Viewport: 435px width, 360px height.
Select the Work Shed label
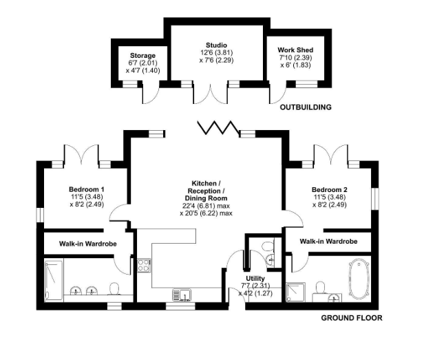coord(295,50)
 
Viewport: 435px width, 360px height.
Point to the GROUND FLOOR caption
coord(351,318)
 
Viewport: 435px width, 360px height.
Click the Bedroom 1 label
coord(86,189)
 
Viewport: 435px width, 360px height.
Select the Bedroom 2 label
coord(328,189)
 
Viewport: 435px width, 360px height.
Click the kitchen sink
coord(182,295)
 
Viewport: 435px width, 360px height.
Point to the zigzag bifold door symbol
coord(215,128)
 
